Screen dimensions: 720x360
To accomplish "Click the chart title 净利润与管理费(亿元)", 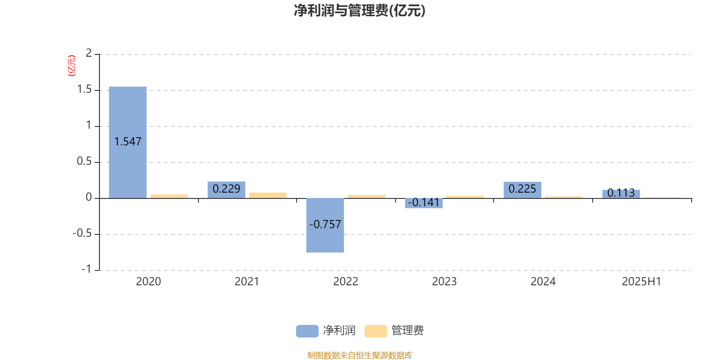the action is coord(360,11).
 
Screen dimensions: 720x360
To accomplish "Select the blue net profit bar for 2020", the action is coord(128,142).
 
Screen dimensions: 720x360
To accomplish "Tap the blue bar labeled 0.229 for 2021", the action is coord(226,190).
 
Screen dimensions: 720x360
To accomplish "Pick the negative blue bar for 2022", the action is coord(325,225).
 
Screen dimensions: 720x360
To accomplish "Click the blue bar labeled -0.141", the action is coord(423,203).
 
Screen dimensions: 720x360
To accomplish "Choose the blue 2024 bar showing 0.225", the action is coord(522,190).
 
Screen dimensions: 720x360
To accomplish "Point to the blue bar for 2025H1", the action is coord(621,194).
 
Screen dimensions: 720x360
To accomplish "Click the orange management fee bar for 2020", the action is coord(169,196).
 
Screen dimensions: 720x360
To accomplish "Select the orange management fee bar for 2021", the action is coord(268,195).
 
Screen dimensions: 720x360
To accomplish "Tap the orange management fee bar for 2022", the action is coord(366,196).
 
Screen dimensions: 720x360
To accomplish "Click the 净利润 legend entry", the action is coord(326,331).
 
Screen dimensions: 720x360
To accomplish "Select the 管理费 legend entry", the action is coord(394,331).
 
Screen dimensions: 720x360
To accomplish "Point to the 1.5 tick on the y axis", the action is coord(85,90).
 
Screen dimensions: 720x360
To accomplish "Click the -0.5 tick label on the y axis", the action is coord(82,234).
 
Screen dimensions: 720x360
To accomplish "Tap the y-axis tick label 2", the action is coord(89,53).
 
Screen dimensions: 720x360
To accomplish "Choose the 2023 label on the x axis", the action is coord(444,282).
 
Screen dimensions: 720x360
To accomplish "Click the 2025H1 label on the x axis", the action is coord(641,282).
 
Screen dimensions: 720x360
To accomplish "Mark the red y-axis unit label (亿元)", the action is coord(72,66).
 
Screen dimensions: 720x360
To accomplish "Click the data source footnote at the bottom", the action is coord(360,355).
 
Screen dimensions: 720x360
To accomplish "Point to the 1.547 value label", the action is coord(128,142).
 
